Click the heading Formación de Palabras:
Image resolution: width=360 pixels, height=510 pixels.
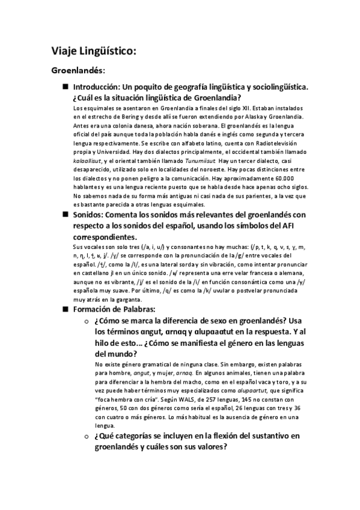click(x=114, y=310)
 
